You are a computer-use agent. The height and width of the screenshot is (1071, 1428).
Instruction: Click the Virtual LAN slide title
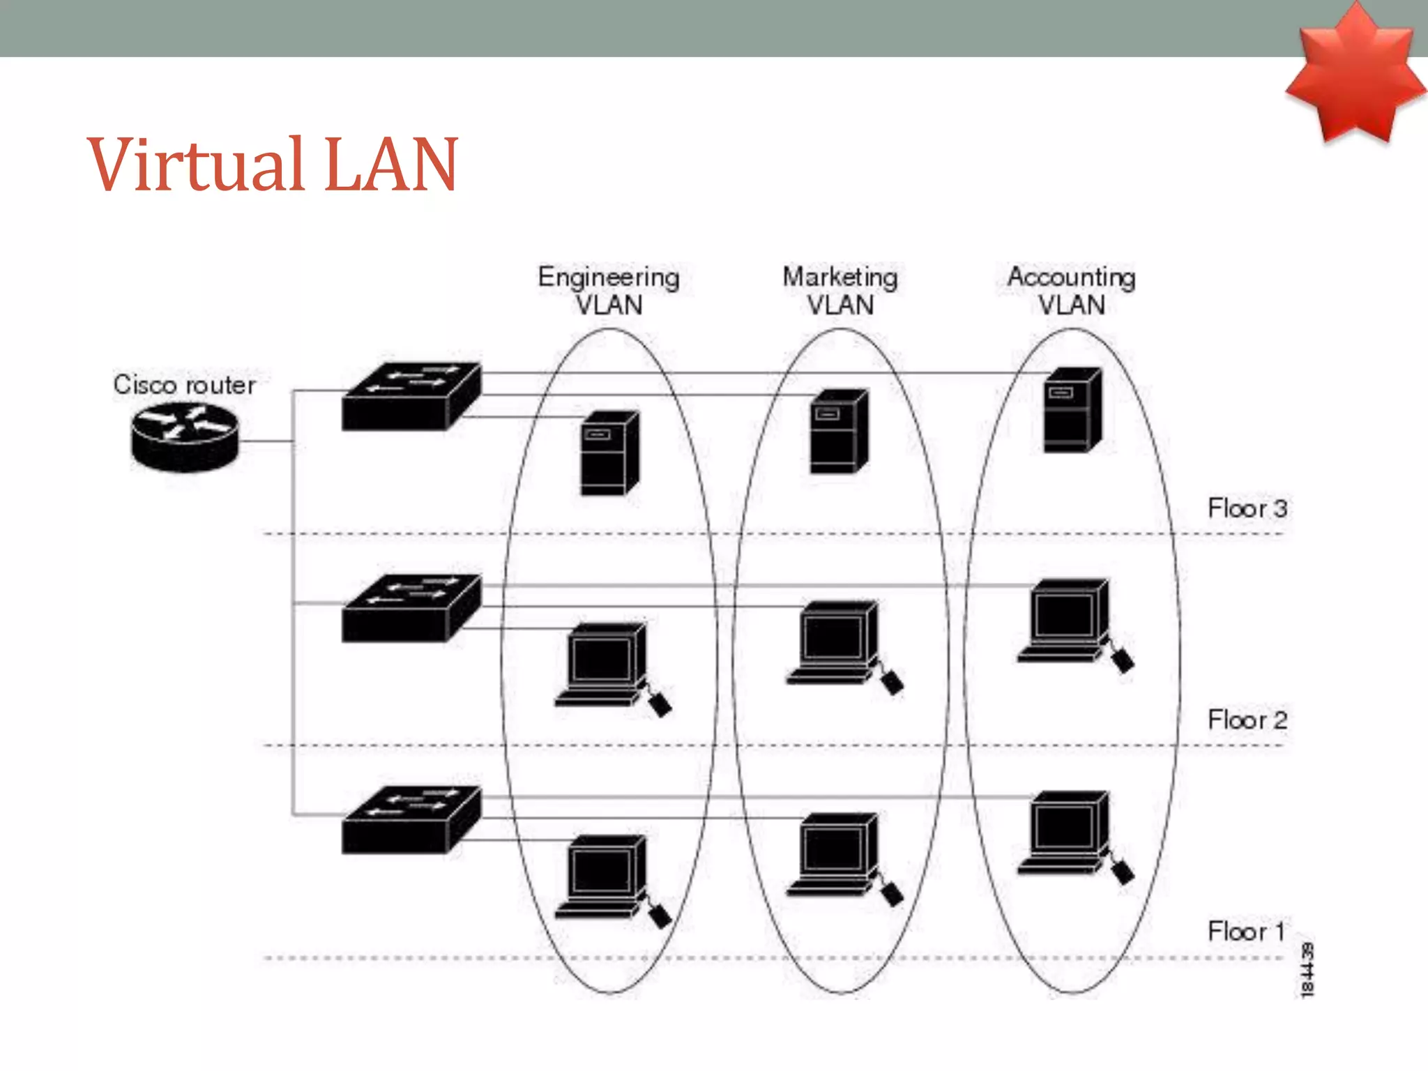[272, 165]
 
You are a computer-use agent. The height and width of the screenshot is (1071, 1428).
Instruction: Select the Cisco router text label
[184, 385]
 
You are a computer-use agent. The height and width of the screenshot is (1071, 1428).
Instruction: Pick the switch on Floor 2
[411, 608]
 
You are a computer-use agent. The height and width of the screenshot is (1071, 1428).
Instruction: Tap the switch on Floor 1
[411, 820]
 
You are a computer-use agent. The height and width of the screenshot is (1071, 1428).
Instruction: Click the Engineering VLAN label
[609, 291]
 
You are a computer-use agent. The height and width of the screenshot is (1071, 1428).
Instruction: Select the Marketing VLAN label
[840, 291]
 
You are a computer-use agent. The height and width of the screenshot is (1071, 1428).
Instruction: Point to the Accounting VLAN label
[1072, 291]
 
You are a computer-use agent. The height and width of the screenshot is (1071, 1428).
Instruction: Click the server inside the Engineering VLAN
[609, 454]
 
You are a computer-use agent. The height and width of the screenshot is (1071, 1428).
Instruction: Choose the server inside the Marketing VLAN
[839, 432]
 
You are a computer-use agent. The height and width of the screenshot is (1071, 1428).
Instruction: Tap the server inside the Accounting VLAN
[1072, 410]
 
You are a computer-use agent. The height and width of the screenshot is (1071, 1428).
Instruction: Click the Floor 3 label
[1247, 508]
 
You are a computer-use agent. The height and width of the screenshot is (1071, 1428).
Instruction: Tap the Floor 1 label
[1245, 932]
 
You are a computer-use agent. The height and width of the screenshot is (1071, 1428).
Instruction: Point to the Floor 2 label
[1247, 720]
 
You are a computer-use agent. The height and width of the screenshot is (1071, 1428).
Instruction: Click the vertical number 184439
[1307, 970]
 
